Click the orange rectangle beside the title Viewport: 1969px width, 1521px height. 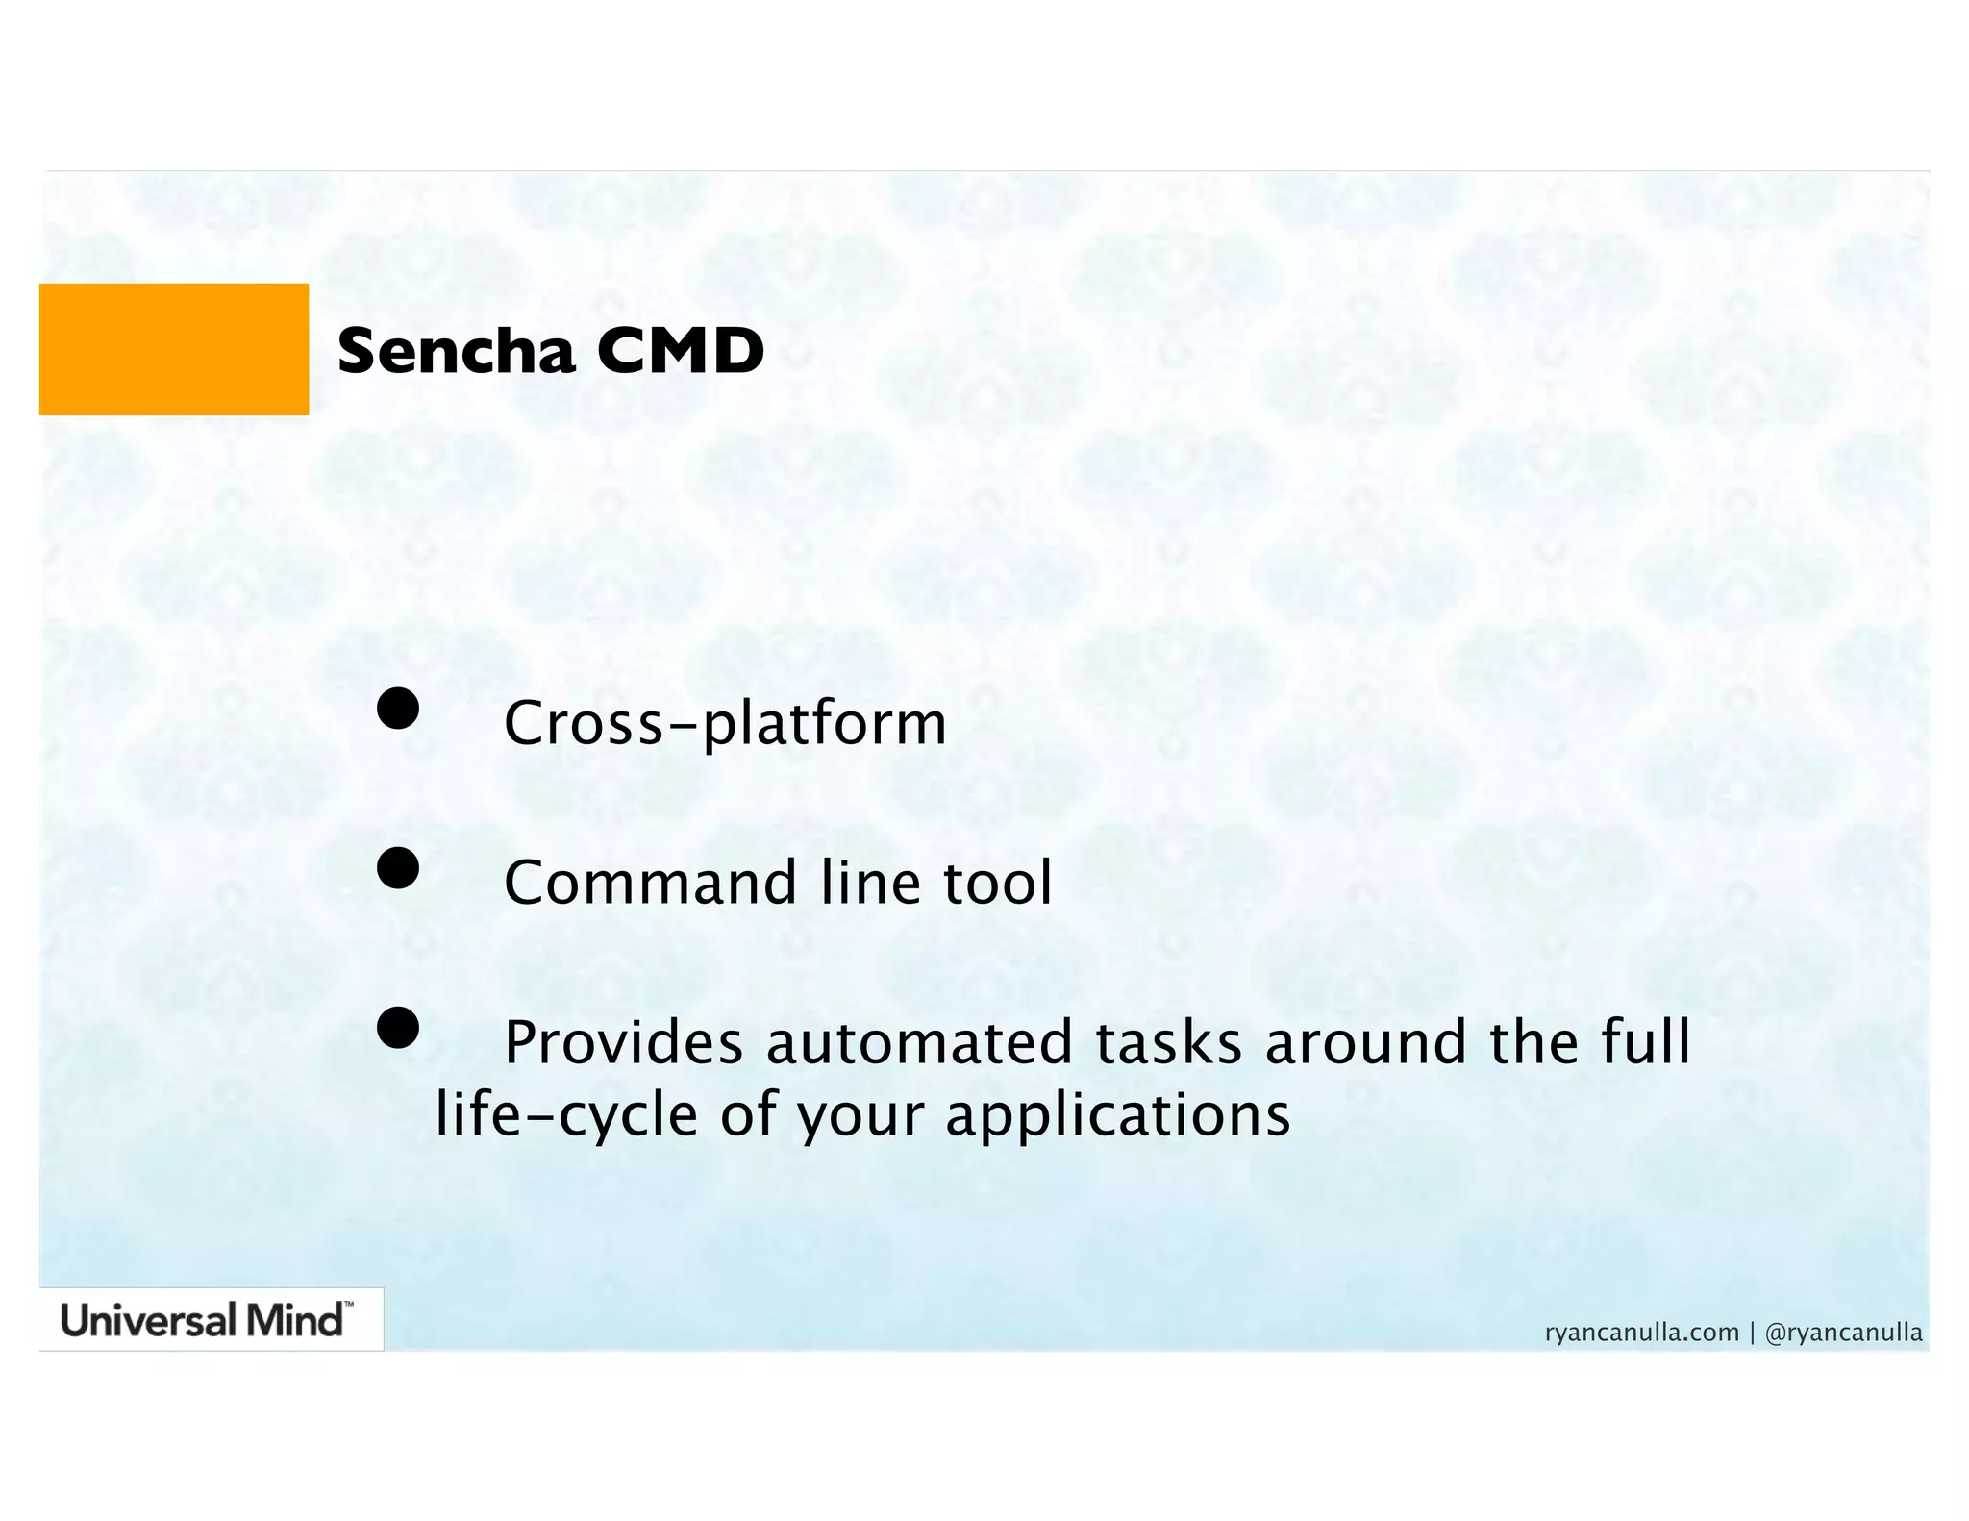tap(174, 349)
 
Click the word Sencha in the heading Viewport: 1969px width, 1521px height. tap(456, 352)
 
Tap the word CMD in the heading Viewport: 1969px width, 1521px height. tap(680, 352)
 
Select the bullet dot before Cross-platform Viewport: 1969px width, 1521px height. tap(398, 709)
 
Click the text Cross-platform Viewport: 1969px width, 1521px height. tap(725, 724)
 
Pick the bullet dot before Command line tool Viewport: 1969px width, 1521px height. tap(398, 868)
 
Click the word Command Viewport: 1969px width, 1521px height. tap(650, 883)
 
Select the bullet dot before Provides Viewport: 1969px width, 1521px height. tap(398, 1028)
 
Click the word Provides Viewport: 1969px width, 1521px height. tap(623, 1043)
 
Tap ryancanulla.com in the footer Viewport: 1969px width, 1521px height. tap(1641, 1333)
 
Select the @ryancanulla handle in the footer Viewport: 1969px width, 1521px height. tap(1843, 1333)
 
